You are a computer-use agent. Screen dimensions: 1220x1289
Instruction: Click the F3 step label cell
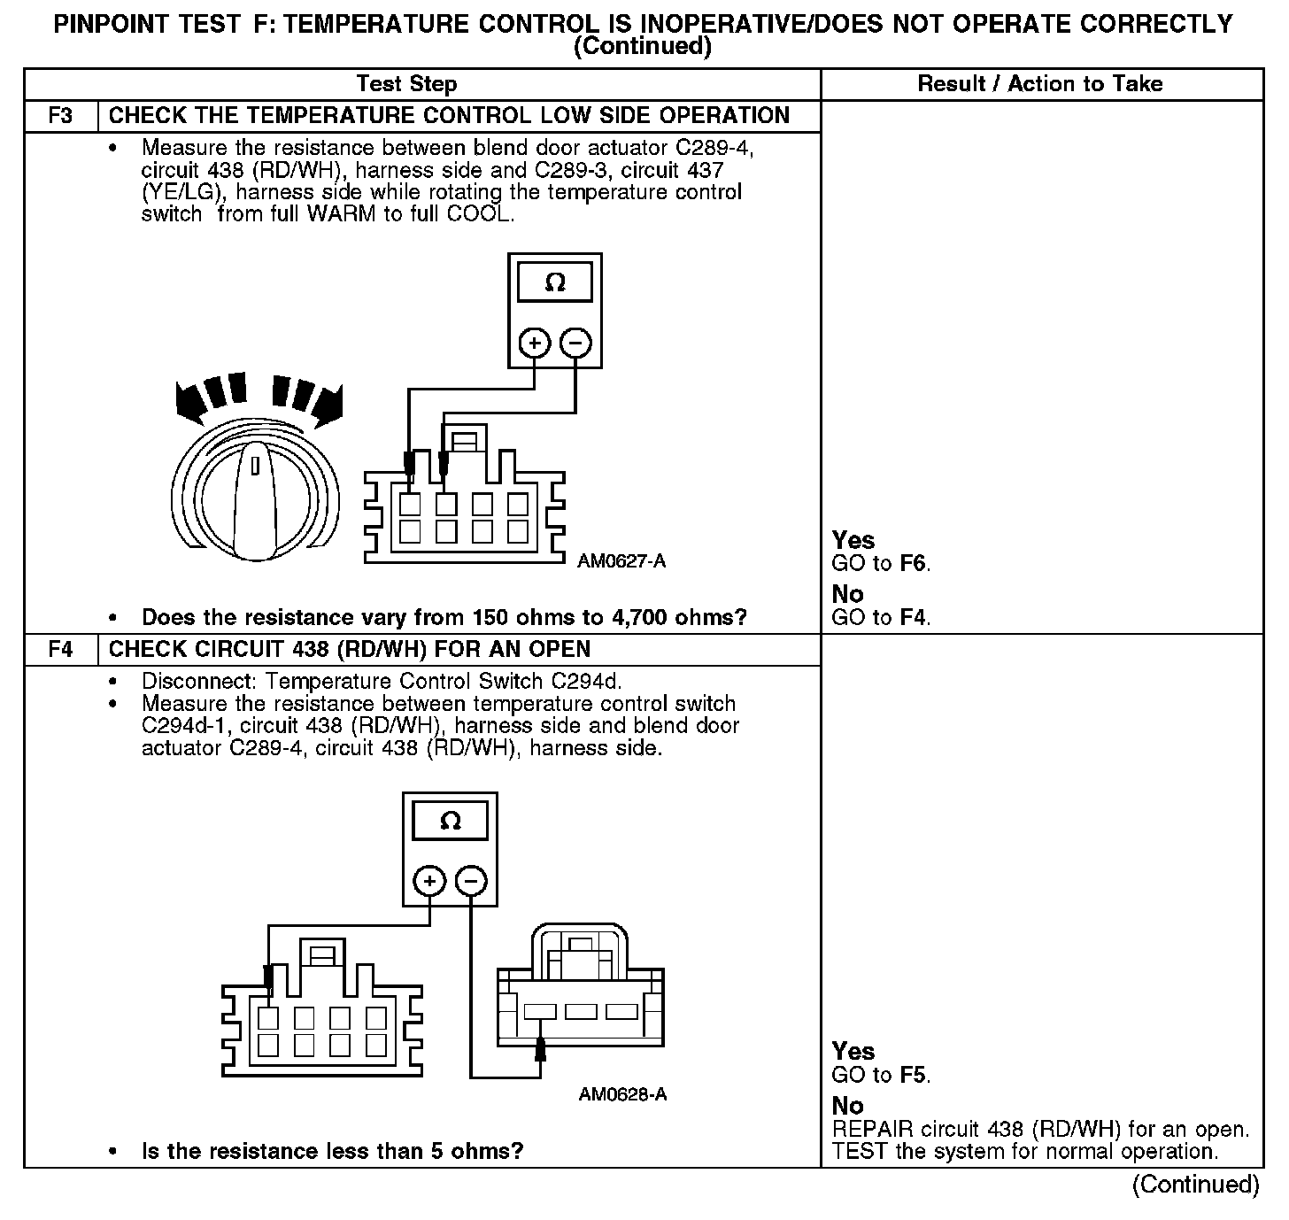coord(60,116)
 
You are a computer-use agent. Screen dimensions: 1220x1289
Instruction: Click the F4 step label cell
coord(60,650)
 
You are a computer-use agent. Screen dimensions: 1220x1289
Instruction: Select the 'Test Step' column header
coord(406,84)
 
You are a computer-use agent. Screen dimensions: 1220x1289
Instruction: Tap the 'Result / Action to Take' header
coord(1040,84)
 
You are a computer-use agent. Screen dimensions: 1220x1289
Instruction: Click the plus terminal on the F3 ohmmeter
coord(534,343)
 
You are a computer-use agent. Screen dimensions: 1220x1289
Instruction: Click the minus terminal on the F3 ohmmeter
coord(575,343)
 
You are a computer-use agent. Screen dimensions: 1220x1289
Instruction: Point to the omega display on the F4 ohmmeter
coord(450,822)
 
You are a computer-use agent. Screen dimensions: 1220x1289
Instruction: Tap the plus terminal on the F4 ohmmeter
coord(429,881)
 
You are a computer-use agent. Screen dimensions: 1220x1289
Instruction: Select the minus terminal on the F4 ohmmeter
coord(471,881)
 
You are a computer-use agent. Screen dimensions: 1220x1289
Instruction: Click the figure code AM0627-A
coord(621,560)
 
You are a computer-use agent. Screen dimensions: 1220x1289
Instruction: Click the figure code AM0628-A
coord(622,1095)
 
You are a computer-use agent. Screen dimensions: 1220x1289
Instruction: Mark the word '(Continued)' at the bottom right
coord(1195,1185)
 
